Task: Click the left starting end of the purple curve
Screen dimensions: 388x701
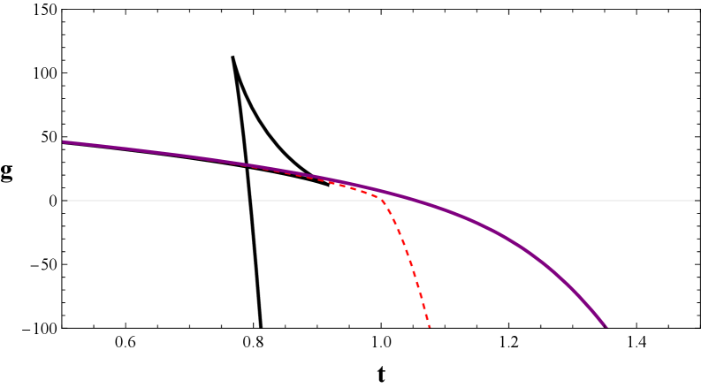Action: pyautogui.click(x=64, y=141)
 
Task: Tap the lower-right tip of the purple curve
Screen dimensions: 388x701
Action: pyautogui.click(x=606, y=326)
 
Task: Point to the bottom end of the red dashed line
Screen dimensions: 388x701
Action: pyautogui.click(x=430, y=327)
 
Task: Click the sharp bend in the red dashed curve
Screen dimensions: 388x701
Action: pyautogui.click(x=381, y=199)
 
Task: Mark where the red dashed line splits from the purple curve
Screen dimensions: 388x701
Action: pyautogui.click(x=256, y=166)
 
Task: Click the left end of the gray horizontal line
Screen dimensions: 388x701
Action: pyautogui.click(x=69, y=201)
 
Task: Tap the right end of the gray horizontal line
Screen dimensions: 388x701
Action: pyautogui.click(x=694, y=201)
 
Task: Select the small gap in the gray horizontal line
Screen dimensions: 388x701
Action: pyautogui.click(x=250, y=201)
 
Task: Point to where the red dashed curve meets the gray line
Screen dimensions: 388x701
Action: pyautogui.click(x=383, y=201)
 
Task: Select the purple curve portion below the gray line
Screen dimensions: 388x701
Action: pyautogui.click(x=530, y=252)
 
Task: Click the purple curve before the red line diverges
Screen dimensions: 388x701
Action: pyautogui.click(x=159, y=153)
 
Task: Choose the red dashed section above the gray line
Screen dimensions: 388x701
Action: pyautogui.click(x=336, y=183)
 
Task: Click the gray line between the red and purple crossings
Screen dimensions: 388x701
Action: pyautogui.click(x=400, y=201)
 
